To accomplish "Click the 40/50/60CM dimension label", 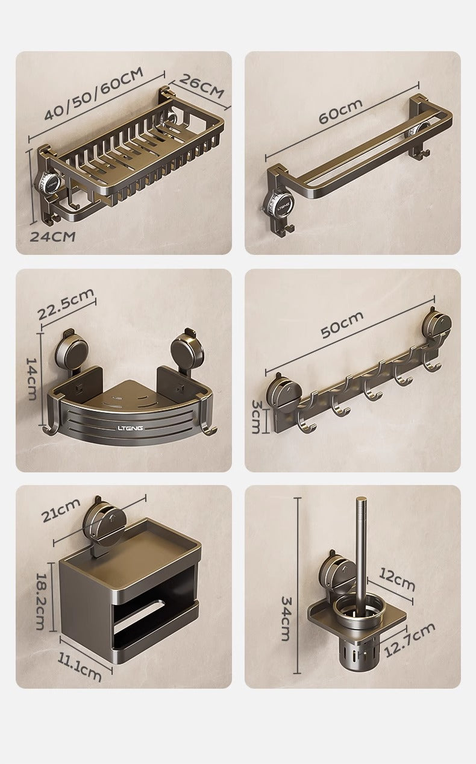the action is point(94,94).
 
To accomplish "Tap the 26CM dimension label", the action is point(201,86).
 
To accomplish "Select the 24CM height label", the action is point(52,236).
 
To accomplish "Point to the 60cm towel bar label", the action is point(340,111).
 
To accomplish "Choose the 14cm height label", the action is point(31,378).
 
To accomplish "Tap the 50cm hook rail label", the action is point(342,324).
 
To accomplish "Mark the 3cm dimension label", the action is point(256,416).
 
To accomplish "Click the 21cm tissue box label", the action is point(61,510).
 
